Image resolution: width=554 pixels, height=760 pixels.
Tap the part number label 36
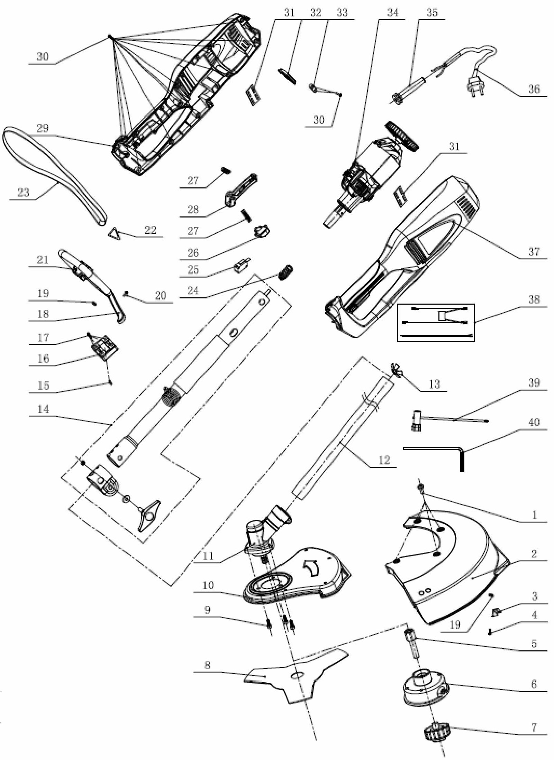[534, 89]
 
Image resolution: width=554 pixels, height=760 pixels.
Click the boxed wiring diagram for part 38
[436, 323]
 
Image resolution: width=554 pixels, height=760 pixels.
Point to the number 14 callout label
[43, 409]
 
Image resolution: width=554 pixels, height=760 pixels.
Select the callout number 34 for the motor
[392, 13]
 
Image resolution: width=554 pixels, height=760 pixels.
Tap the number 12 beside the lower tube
[384, 460]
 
